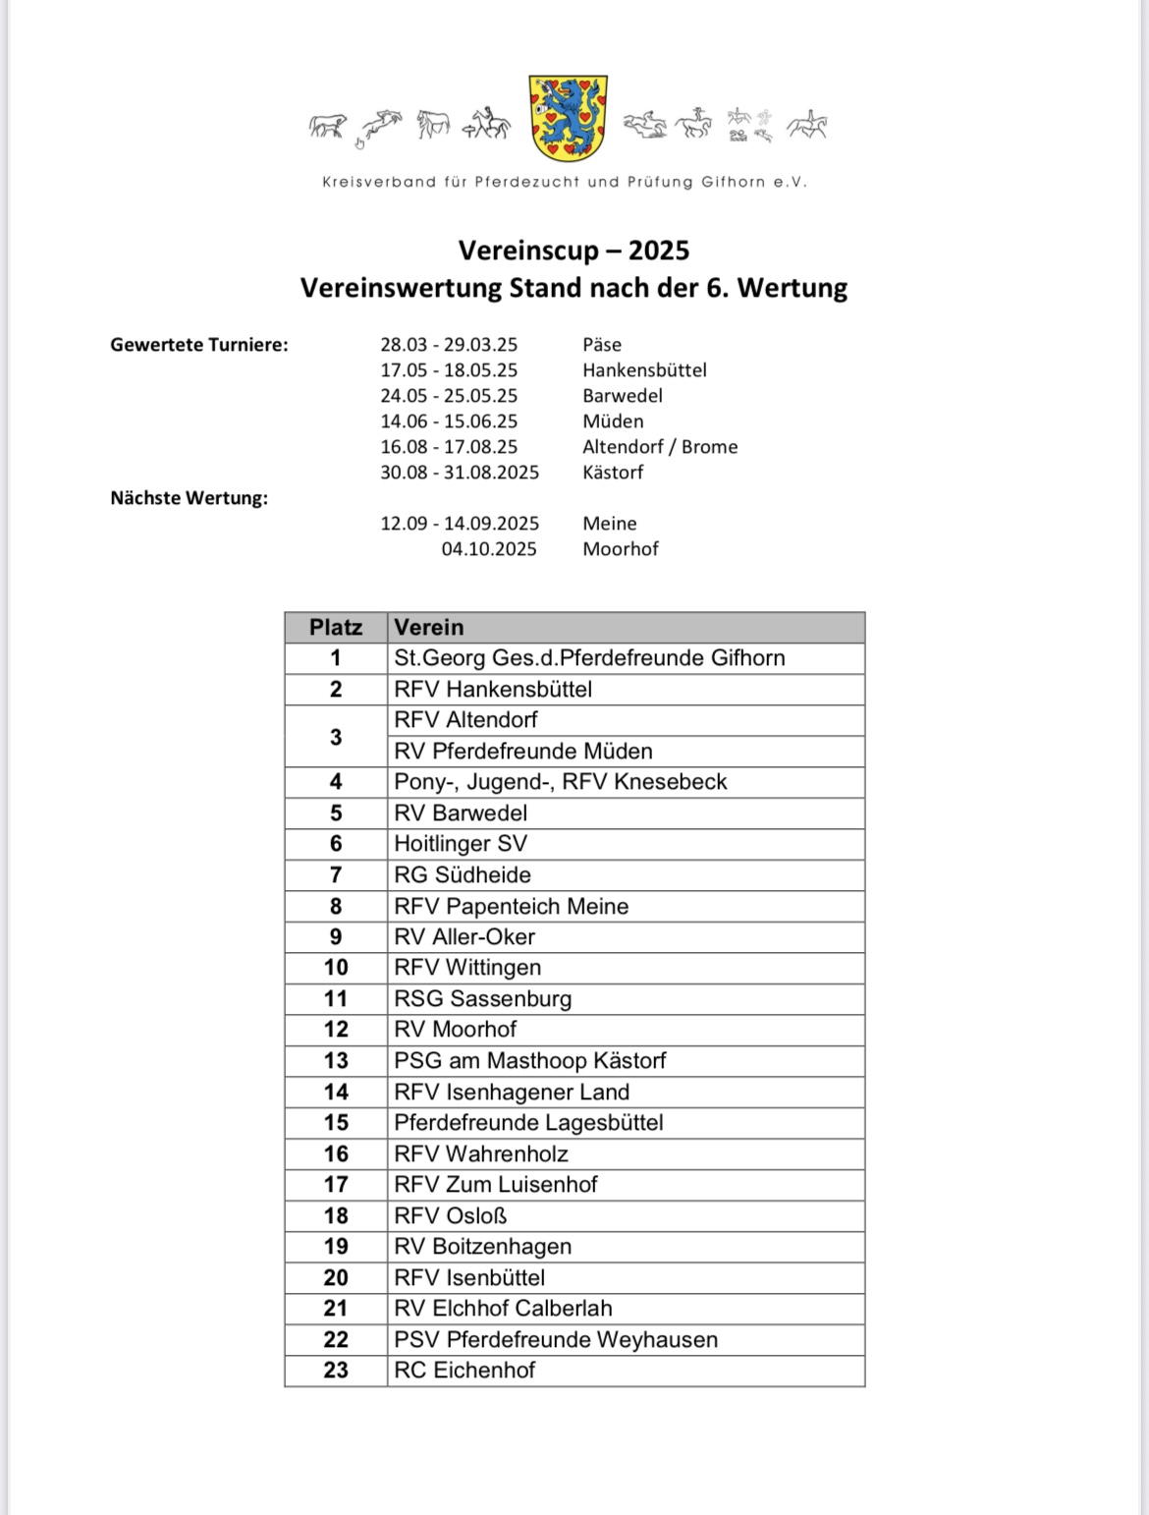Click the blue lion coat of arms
568,118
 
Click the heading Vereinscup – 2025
574,251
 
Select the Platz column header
336,627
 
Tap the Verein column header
429,627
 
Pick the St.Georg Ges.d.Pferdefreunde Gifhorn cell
589,658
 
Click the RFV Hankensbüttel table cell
493,690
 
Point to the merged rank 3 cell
336,736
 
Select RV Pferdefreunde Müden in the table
523,752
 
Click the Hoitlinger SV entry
461,844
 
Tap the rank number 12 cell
336,1030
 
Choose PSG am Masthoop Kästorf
530,1061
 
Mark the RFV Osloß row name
451,1216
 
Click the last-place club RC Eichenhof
465,1371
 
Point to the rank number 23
336,1371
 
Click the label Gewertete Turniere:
199,345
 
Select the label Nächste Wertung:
189,498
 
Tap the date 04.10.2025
489,549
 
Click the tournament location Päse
602,345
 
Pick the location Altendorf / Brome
660,447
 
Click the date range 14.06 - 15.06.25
449,421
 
